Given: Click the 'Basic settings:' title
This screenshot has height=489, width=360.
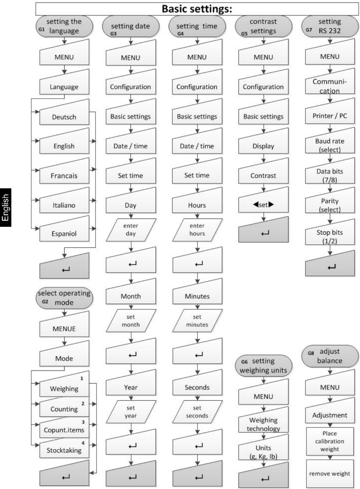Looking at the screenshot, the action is [197, 9].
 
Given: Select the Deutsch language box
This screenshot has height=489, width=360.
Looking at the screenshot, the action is [64, 112].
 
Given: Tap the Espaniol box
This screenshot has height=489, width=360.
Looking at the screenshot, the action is [64, 229].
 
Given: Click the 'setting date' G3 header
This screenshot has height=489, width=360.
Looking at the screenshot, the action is [131, 26].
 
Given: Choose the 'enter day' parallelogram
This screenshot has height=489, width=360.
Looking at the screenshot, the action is [131, 230].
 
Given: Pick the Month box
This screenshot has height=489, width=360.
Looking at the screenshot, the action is [131, 291].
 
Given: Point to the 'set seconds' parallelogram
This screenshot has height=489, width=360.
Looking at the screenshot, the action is [197, 412].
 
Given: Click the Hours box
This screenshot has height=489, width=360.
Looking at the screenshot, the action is [197, 200].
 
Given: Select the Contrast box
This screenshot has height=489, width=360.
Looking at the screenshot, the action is [263, 170].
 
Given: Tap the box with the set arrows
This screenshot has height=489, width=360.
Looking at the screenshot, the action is [263, 200].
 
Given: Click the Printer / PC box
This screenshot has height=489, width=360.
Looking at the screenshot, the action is [330, 111].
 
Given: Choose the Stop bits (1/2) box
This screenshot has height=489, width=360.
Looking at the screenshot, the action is [330, 232].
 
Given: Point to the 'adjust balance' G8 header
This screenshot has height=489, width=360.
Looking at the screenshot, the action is [330, 356].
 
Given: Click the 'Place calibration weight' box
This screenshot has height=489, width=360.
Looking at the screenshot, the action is [330, 441].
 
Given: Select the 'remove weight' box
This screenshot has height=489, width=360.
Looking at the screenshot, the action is [330, 474].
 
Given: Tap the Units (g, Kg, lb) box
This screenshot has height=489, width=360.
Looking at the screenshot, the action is [263, 447].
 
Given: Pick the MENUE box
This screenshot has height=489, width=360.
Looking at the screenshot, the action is [64, 324].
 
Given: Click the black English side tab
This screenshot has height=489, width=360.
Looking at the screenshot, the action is [6, 208].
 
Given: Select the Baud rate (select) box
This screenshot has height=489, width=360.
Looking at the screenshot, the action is [330, 140].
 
